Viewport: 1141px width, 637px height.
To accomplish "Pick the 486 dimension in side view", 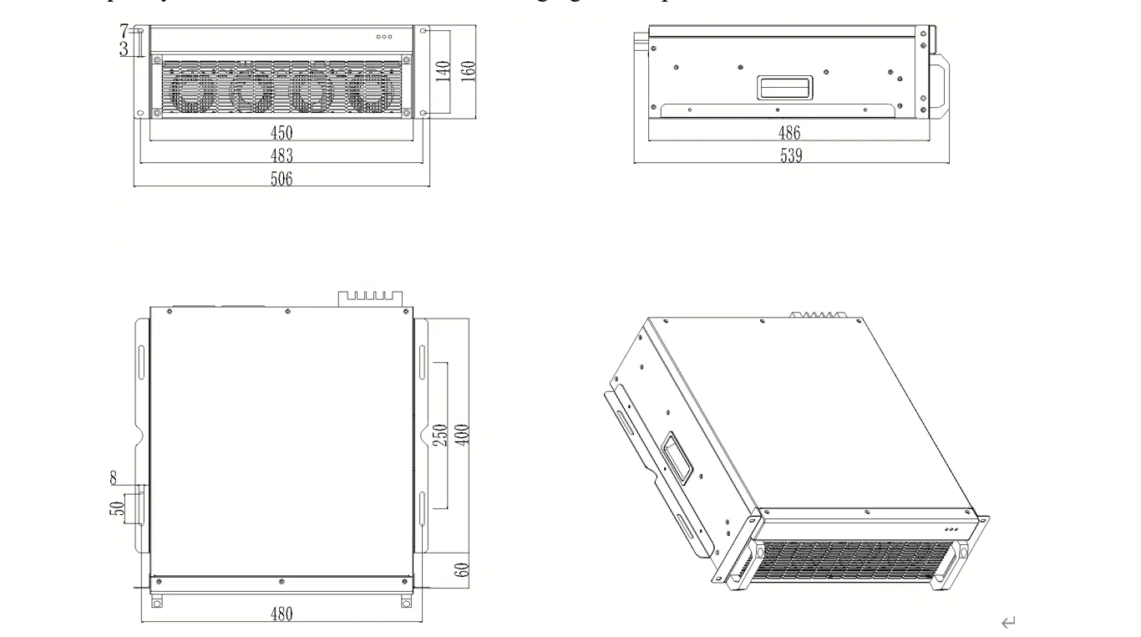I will click(x=789, y=132).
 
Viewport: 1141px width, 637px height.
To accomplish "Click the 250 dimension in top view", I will click(x=444, y=435).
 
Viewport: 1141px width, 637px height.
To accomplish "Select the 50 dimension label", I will click(x=119, y=508).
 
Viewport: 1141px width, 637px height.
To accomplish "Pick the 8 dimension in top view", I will click(x=114, y=478).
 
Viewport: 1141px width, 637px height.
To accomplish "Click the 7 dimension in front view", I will click(x=124, y=32).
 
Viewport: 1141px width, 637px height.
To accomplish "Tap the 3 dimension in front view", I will click(x=124, y=48).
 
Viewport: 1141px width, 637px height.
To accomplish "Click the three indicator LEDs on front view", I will click(x=384, y=37).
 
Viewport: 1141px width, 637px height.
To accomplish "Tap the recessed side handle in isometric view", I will click(x=677, y=457).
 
